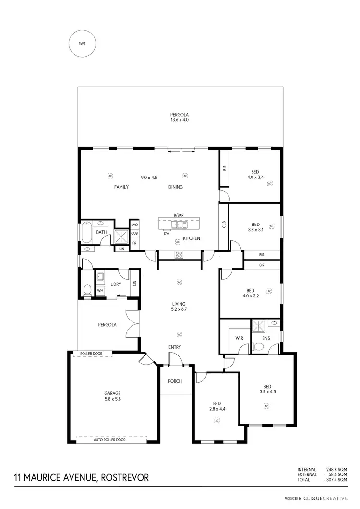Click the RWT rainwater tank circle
83,43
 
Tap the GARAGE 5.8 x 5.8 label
114,396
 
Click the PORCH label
175,381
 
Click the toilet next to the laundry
87,290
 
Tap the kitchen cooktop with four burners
179,255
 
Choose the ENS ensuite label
266,338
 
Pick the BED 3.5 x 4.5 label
267,389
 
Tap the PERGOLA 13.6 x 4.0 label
179,118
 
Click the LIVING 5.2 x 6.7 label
179,307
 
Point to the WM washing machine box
100,291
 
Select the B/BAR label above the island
178,215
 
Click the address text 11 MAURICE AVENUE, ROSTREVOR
81,477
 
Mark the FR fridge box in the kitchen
134,243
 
